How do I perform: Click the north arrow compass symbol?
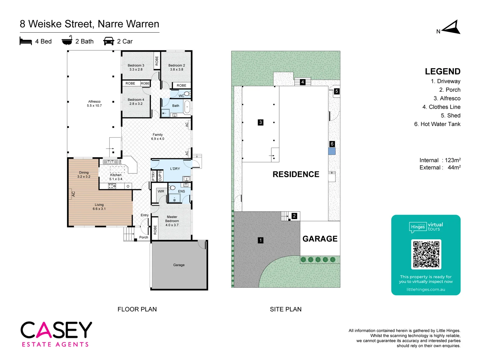[451, 28]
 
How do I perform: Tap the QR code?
[426, 254]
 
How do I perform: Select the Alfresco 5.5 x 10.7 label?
[94, 104]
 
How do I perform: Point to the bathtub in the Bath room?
[187, 107]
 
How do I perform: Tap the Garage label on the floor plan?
[179, 265]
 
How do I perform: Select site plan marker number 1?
[261, 240]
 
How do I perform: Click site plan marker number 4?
[303, 82]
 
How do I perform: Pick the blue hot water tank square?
[332, 151]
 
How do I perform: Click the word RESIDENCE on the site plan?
[296, 174]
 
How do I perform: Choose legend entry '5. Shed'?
[450, 116]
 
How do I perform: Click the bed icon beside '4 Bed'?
[26, 41]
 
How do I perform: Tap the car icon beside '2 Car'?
[109, 41]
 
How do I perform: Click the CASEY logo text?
[56, 330]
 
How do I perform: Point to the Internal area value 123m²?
[453, 160]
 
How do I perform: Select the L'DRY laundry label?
[175, 169]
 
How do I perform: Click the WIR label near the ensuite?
[161, 191]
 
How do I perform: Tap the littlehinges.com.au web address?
[426, 289]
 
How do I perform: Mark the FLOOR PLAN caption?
[137, 309]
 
